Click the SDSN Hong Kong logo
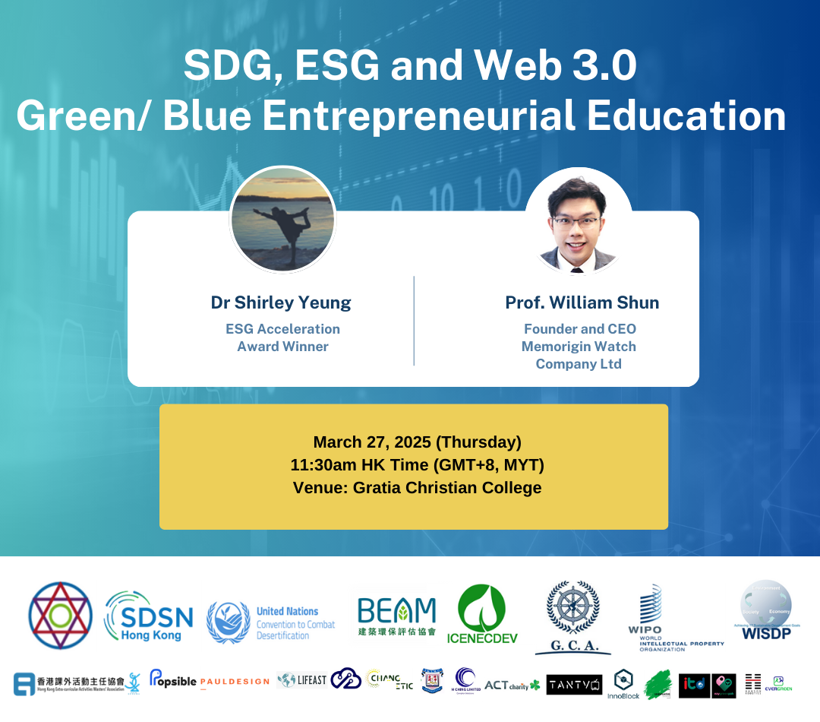pyautogui.click(x=149, y=615)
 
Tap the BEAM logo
pyautogui.click(x=396, y=615)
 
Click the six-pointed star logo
pyautogui.click(x=60, y=615)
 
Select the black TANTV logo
pyautogui.click(x=574, y=684)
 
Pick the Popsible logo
pyautogui.click(x=172, y=679)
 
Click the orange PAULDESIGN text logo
pyautogui.click(x=234, y=682)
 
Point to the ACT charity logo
pyautogui.click(x=512, y=685)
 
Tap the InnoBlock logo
pyautogui.click(x=623, y=684)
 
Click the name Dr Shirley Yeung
pyautogui.click(x=281, y=302)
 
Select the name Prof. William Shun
pyautogui.click(x=582, y=302)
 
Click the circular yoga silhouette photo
pyautogui.click(x=282, y=219)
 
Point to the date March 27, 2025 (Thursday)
pyautogui.click(x=417, y=442)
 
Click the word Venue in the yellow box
pyautogui.click(x=319, y=488)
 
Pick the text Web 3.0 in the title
pyautogui.click(x=556, y=68)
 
